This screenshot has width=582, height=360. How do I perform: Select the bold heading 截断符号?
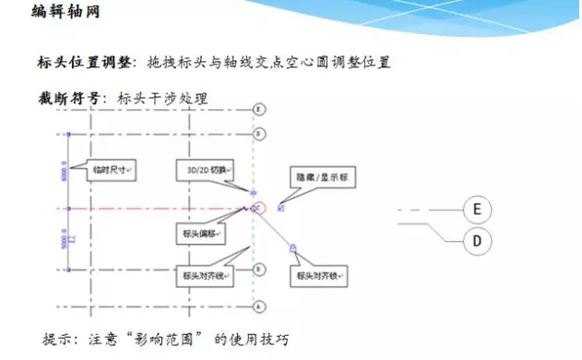tap(67, 97)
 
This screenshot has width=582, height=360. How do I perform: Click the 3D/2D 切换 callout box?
tap(205, 170)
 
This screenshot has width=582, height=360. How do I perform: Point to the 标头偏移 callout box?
tap(193, 234)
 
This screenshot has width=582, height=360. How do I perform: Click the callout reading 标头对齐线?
tap(201, 274)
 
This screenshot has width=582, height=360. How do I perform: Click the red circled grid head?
tap(260, 209)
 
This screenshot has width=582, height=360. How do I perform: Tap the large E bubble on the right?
tap(477, 210)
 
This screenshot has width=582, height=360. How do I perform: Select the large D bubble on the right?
tap(477, 241)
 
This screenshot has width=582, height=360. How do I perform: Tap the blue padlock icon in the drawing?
tap(292, 246)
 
